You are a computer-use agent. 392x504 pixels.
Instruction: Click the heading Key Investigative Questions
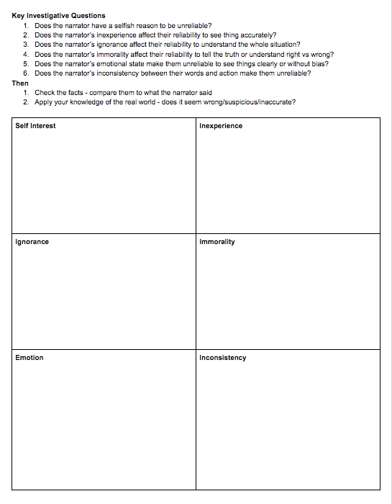click(58, 15)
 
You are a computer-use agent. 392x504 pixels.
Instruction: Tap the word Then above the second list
click(20, 83)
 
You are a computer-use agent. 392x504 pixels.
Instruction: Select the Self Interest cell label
click(35, 126)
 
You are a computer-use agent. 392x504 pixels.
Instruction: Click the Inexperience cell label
click(221, 126)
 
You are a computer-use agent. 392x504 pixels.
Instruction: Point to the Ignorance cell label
click(32, 242)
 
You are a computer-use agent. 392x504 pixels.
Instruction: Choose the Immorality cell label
click(217, 242)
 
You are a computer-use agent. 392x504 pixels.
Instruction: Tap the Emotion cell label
click(29, 358)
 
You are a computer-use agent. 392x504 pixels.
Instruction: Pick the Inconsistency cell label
click(223, 358)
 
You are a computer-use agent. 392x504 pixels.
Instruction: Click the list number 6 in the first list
click(25, 73)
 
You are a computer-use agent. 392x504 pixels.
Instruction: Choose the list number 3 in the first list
click(25, 44)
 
